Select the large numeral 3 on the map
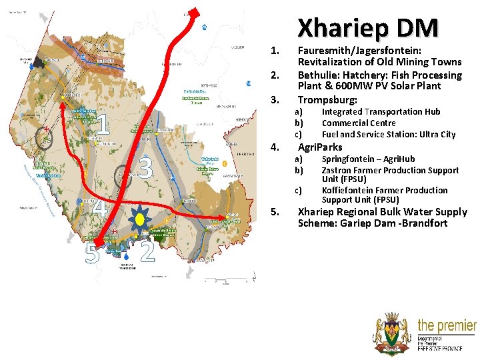coord(146,169)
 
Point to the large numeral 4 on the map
coord(98,205)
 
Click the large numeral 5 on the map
coord(93,253)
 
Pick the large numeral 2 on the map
coord(147,252)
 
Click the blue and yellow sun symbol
coord(140,219)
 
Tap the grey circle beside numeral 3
coord(123,175)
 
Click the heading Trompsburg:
coord(327,99)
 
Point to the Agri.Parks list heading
coord(320,147)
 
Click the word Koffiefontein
coord(351,191)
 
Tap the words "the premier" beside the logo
coord(447,326)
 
